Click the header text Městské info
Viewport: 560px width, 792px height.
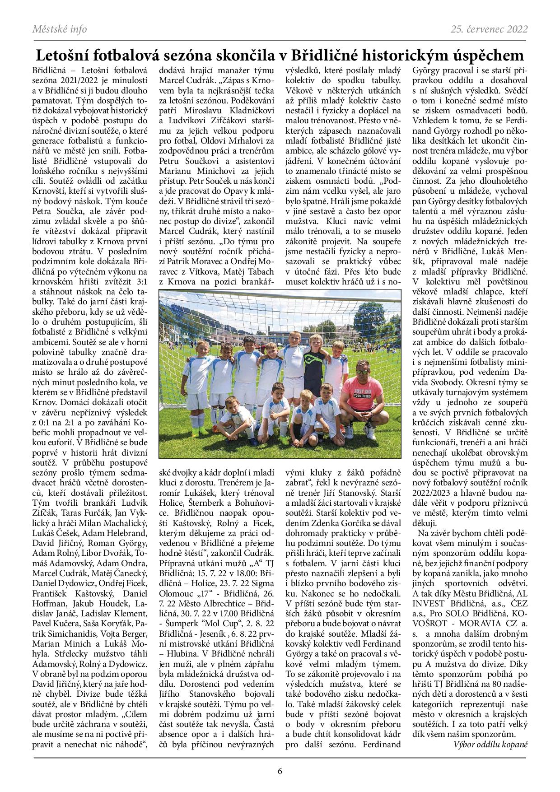(x=60, y=30)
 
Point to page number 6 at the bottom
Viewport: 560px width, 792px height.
(x=280, y=771)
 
